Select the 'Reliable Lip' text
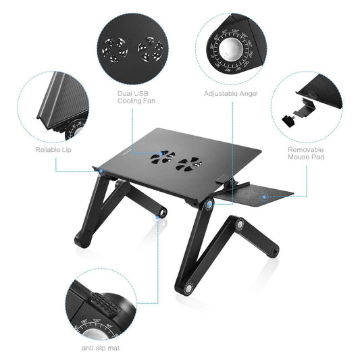point(53,149)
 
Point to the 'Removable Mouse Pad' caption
point(306,154)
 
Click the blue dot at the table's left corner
point(100,172)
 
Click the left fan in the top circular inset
point(115,49)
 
